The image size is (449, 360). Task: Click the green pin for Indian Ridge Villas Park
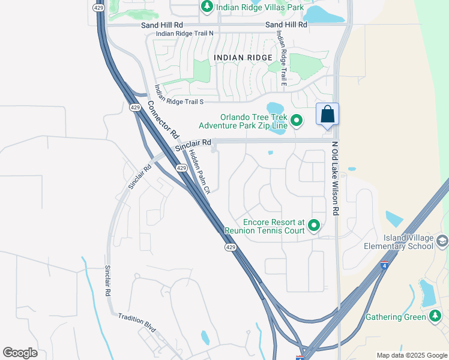(x=207, y=7)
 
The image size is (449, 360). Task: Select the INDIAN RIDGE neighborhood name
(x=243, y=58)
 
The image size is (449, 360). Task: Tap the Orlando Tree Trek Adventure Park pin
(x=296, y=121)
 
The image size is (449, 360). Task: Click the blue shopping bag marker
(x=327, y=114)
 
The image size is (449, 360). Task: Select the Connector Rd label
(x=163, y=119)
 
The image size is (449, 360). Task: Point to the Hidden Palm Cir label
(x=199, y=172)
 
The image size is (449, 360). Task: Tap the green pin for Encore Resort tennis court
(x=313, y=226)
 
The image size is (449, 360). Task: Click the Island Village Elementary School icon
(x=442, y=241)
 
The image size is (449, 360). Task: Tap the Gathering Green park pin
(x=436, y=316)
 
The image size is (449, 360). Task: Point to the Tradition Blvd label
(x=137, y=323)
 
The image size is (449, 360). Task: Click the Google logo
(x=20, y=353)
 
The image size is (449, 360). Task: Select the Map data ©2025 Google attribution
(x=411, y=355)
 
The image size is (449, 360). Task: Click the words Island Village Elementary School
(x=399, y=242)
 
